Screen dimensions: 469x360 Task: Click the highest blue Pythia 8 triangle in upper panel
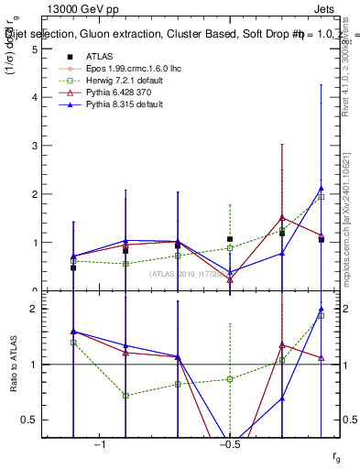click(x=321, y=188)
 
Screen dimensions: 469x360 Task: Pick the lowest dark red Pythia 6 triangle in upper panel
click(x=230, y=278)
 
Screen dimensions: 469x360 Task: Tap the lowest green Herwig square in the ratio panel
click(x=125, y=396)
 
